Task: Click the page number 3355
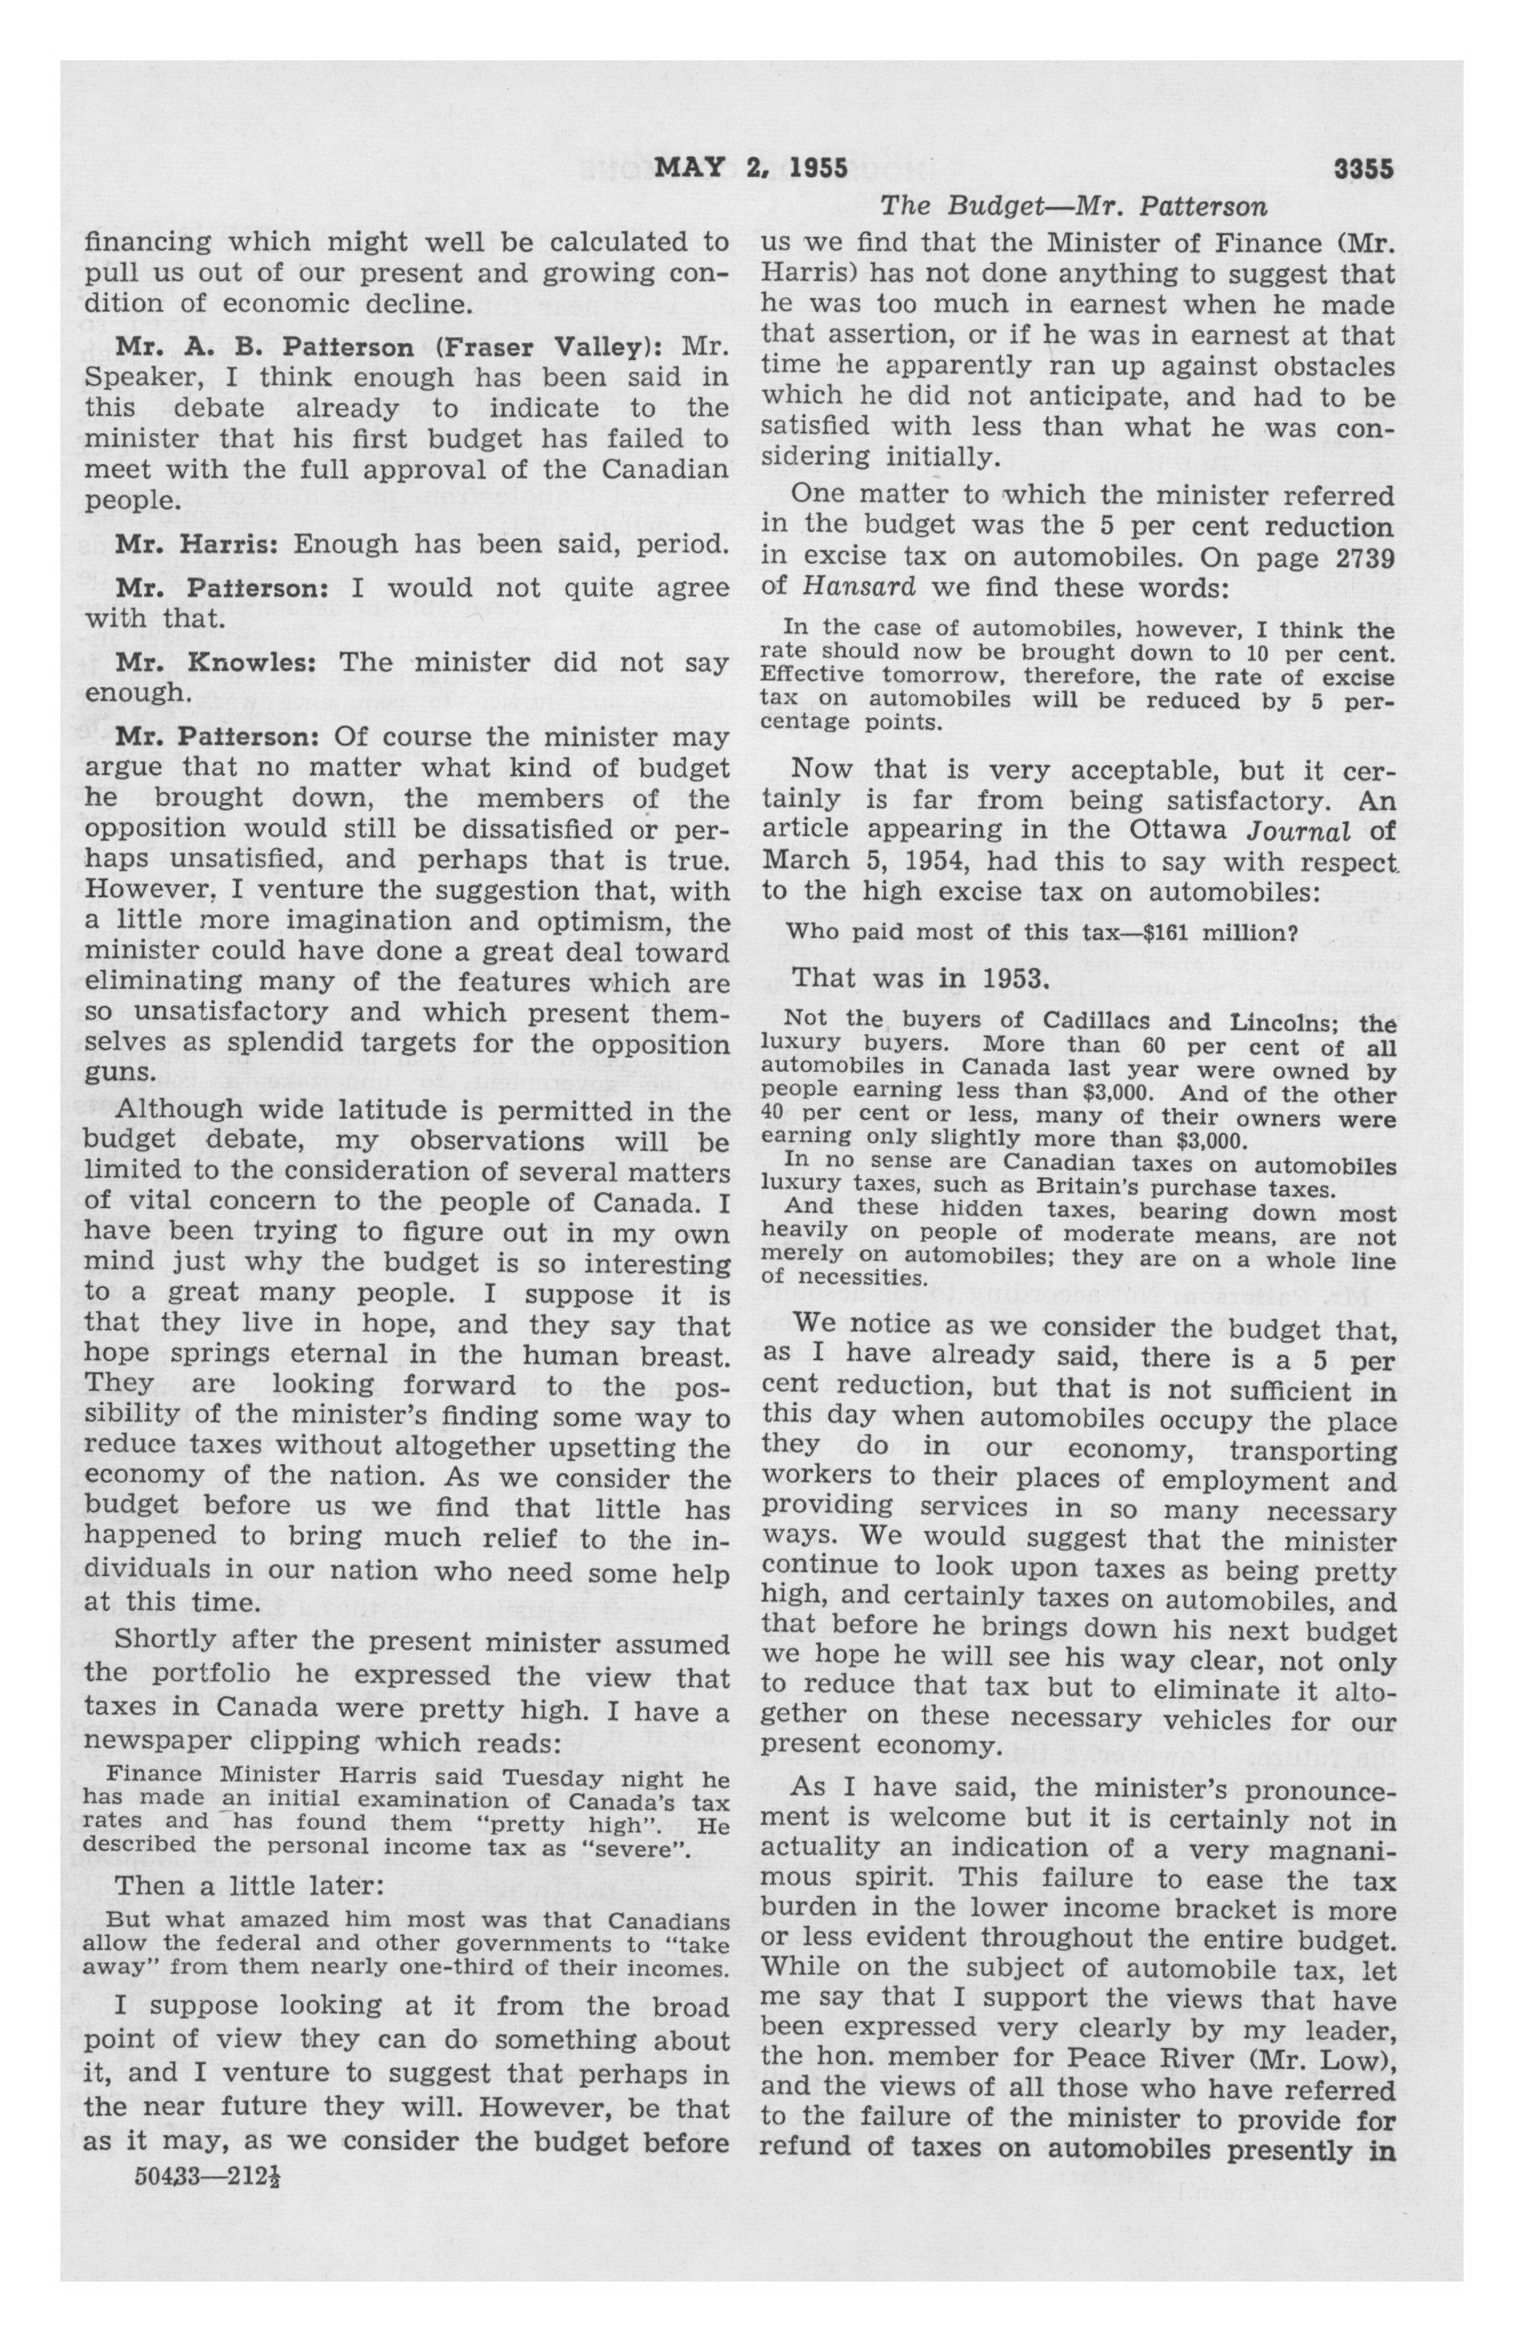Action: click(x=1363, y=169)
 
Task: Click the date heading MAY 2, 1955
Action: click(x=750, y=168)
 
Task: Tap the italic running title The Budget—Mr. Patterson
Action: click(x=1073, y=207)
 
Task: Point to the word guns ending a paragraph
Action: click(x=117, y=1074)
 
